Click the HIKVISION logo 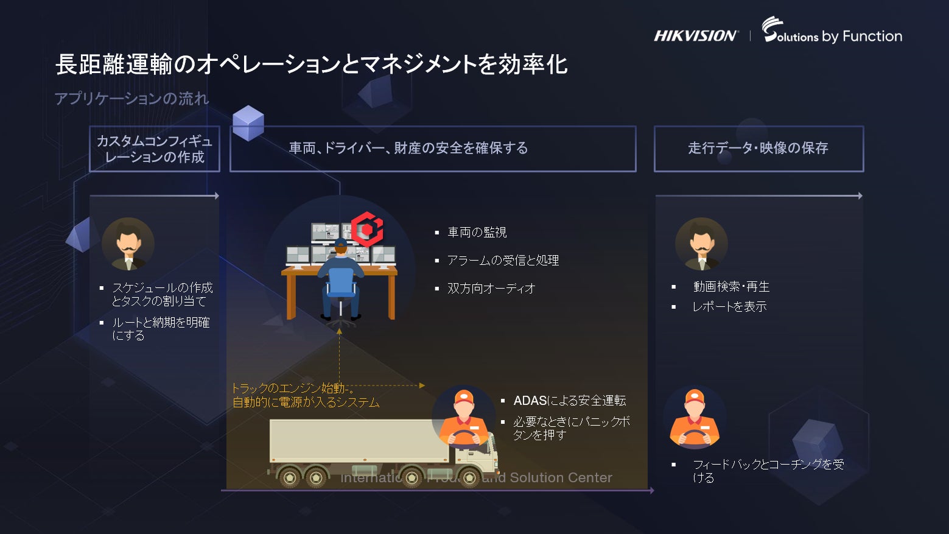click(x=695, y=36)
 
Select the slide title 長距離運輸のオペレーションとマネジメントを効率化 click(x=311, y=65)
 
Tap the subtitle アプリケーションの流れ click(x=131, y=99)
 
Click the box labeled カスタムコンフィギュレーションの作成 click(x=155, y=149)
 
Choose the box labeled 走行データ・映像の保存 click(x=758, y=149)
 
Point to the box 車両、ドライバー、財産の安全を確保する click(x=433, y=149)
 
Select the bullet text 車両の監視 click(x=477, y=233)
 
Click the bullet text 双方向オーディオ click(x=491, y=289)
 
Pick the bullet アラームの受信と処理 click(x=503, y=261)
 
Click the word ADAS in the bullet click(x=530, y=401)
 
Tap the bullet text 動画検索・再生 click(x=731, y=287)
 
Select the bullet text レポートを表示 click(x=729, y=307)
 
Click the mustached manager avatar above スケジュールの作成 click(x=128, y=244)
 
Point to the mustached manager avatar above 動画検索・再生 click(x=701, y=244)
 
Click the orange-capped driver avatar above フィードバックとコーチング click(x=695, y=418)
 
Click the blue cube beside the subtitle click(x=248, y=122)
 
